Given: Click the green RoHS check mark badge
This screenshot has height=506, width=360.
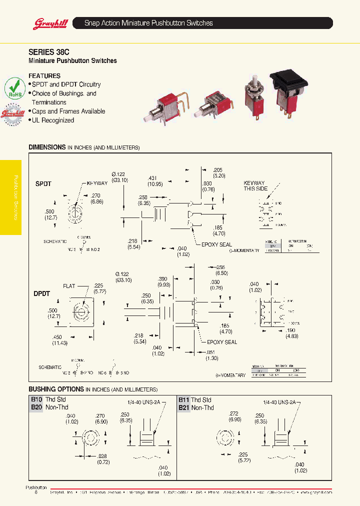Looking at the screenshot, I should click(x=15, y=87).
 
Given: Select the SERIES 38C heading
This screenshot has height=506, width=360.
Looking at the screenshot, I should click(x=48, y=51).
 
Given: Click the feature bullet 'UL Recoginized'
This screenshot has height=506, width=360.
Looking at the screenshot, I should click(x=52, y=120).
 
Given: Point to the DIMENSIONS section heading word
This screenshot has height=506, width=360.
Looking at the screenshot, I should click(x=47, y=147).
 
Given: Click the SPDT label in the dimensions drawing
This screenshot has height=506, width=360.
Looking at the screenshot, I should click(x=43, y=184).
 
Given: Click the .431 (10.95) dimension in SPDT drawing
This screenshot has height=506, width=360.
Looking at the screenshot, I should click(x=154, y=181).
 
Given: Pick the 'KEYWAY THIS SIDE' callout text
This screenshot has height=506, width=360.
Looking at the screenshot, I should click(x=254, y=186).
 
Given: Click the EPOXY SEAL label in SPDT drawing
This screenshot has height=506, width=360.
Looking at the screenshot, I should click(x=216, y=244).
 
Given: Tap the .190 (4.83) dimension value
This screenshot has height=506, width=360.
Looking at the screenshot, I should click(x=291, y=333).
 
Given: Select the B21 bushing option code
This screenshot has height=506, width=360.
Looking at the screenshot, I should click(x=184, y=407).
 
